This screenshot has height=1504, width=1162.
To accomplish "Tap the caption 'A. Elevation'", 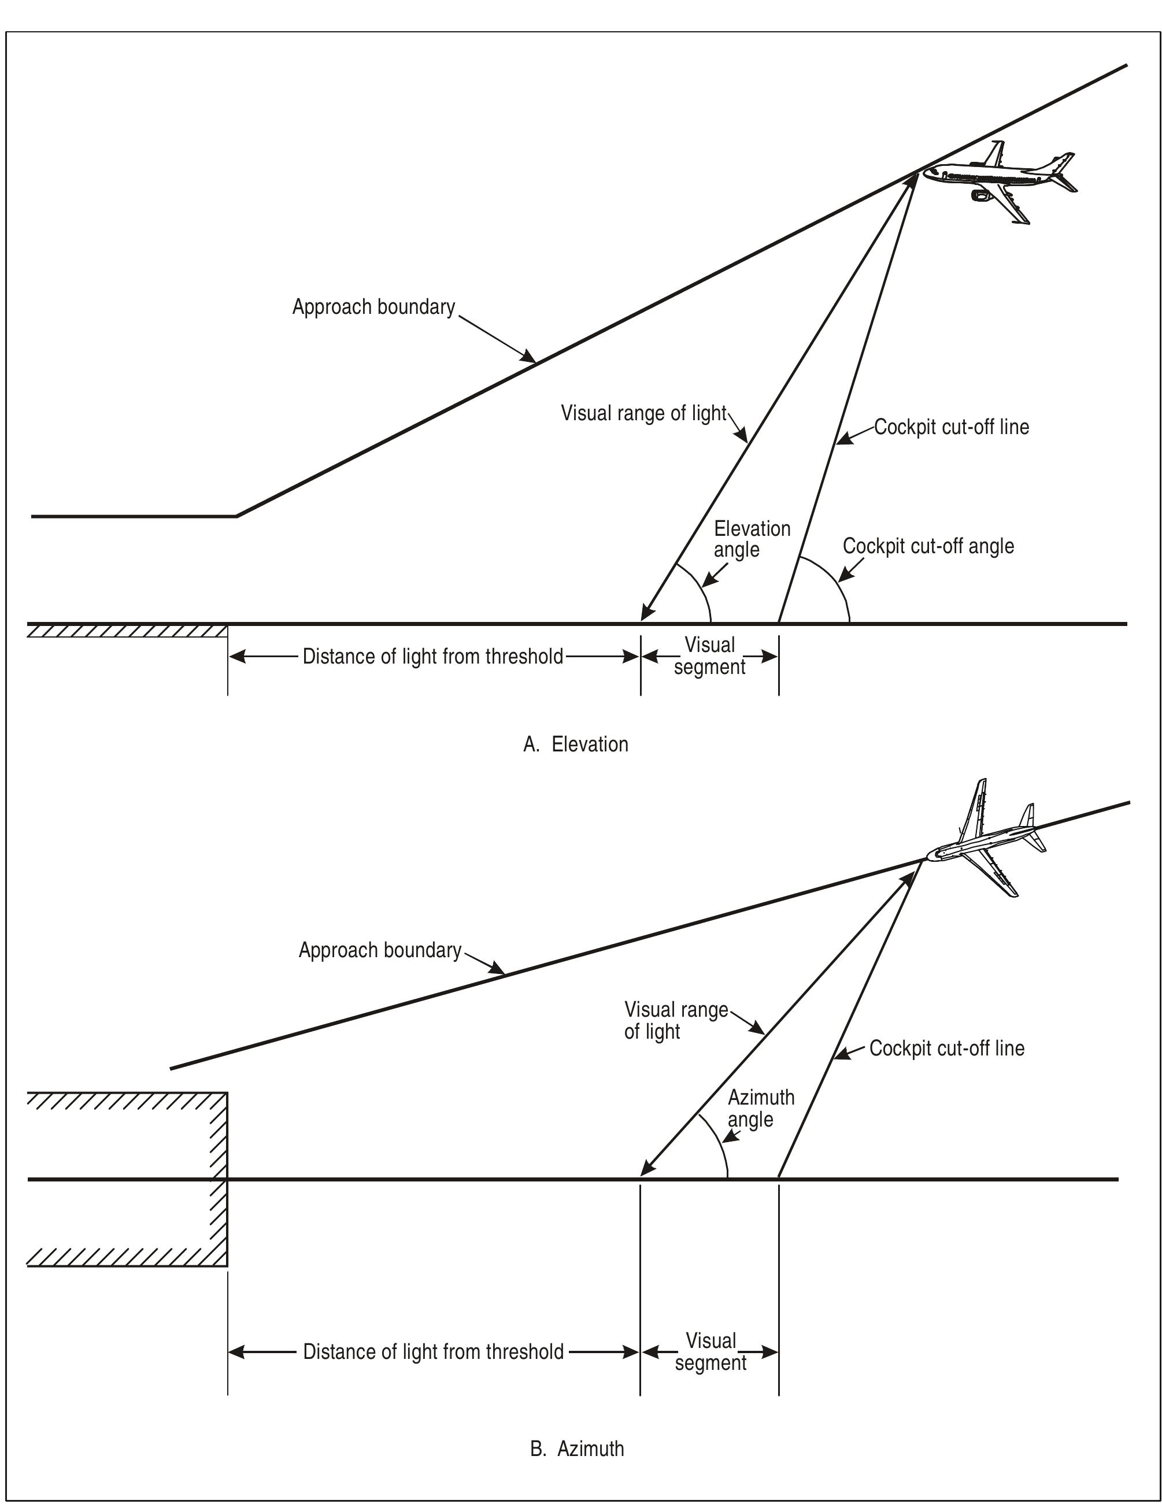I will click(x=576, y=744).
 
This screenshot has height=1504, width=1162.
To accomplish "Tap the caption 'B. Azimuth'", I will click(x=577, y=1449).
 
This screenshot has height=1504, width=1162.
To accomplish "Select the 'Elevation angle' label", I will click(x=752, y=539).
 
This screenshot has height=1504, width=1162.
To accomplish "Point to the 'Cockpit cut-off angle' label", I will click(x=928, y=547).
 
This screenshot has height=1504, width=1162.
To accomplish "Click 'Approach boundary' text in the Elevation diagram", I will click(x=373, y=307).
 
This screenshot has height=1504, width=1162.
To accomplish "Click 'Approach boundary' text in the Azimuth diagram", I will click(x=379, y=951).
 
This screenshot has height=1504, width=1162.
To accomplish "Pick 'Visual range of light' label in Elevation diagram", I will click(x=643, y=413).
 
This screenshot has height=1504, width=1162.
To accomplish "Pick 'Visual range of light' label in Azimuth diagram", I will click(x=675, y=1021).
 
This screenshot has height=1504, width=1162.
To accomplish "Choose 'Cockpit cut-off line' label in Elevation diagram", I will click(x=951, y=428).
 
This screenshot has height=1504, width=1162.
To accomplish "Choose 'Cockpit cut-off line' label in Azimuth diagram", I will click(x=946, y=1049).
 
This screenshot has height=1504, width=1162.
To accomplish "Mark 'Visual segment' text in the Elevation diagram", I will click(x=709, y=656).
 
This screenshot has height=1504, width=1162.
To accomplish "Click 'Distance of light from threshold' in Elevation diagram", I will click(x=432, y=657).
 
